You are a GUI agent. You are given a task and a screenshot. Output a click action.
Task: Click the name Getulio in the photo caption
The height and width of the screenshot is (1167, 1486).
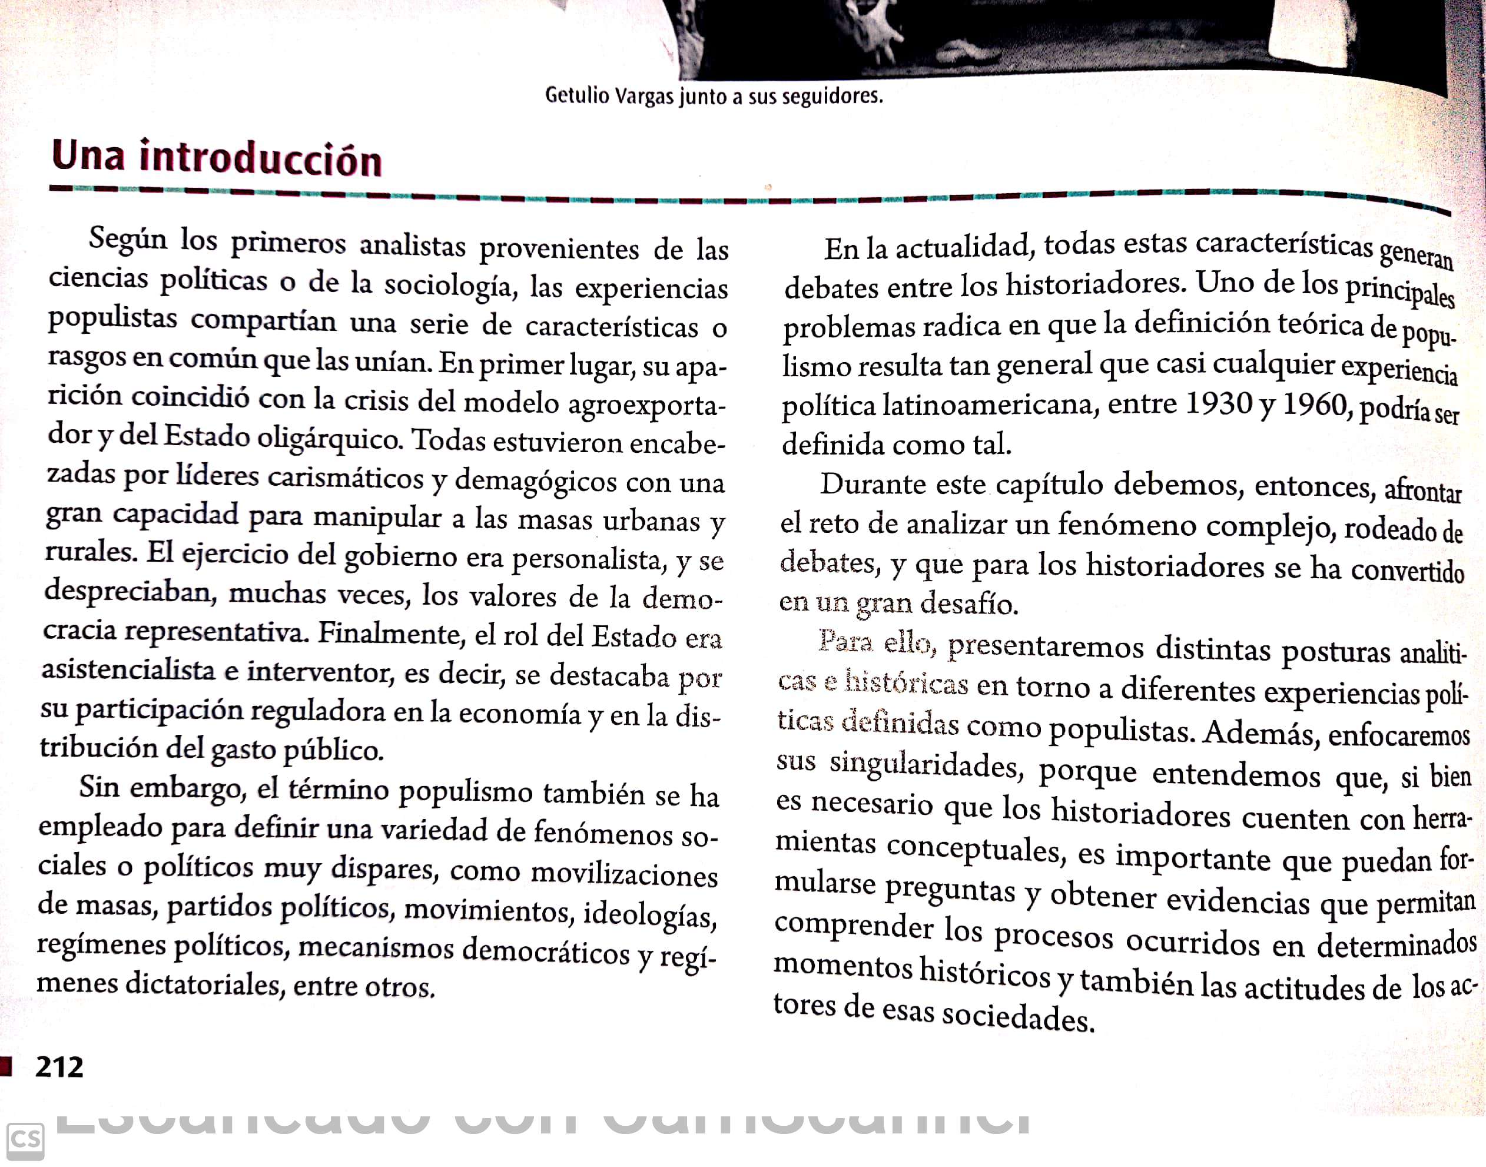pyautogui.click(x=576, y=95)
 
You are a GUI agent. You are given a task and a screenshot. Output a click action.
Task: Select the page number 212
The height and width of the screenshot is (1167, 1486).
pyautogui.click(x=59, y=1066)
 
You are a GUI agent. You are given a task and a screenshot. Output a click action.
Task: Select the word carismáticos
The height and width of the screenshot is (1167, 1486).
pyautogui.click(x=346, y=477)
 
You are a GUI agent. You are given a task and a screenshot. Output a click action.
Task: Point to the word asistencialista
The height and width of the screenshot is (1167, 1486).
pyautogui.click(x=128, y=669)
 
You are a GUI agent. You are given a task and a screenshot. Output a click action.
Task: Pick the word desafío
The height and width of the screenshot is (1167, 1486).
pyautogui.click(x=969, y=604)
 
